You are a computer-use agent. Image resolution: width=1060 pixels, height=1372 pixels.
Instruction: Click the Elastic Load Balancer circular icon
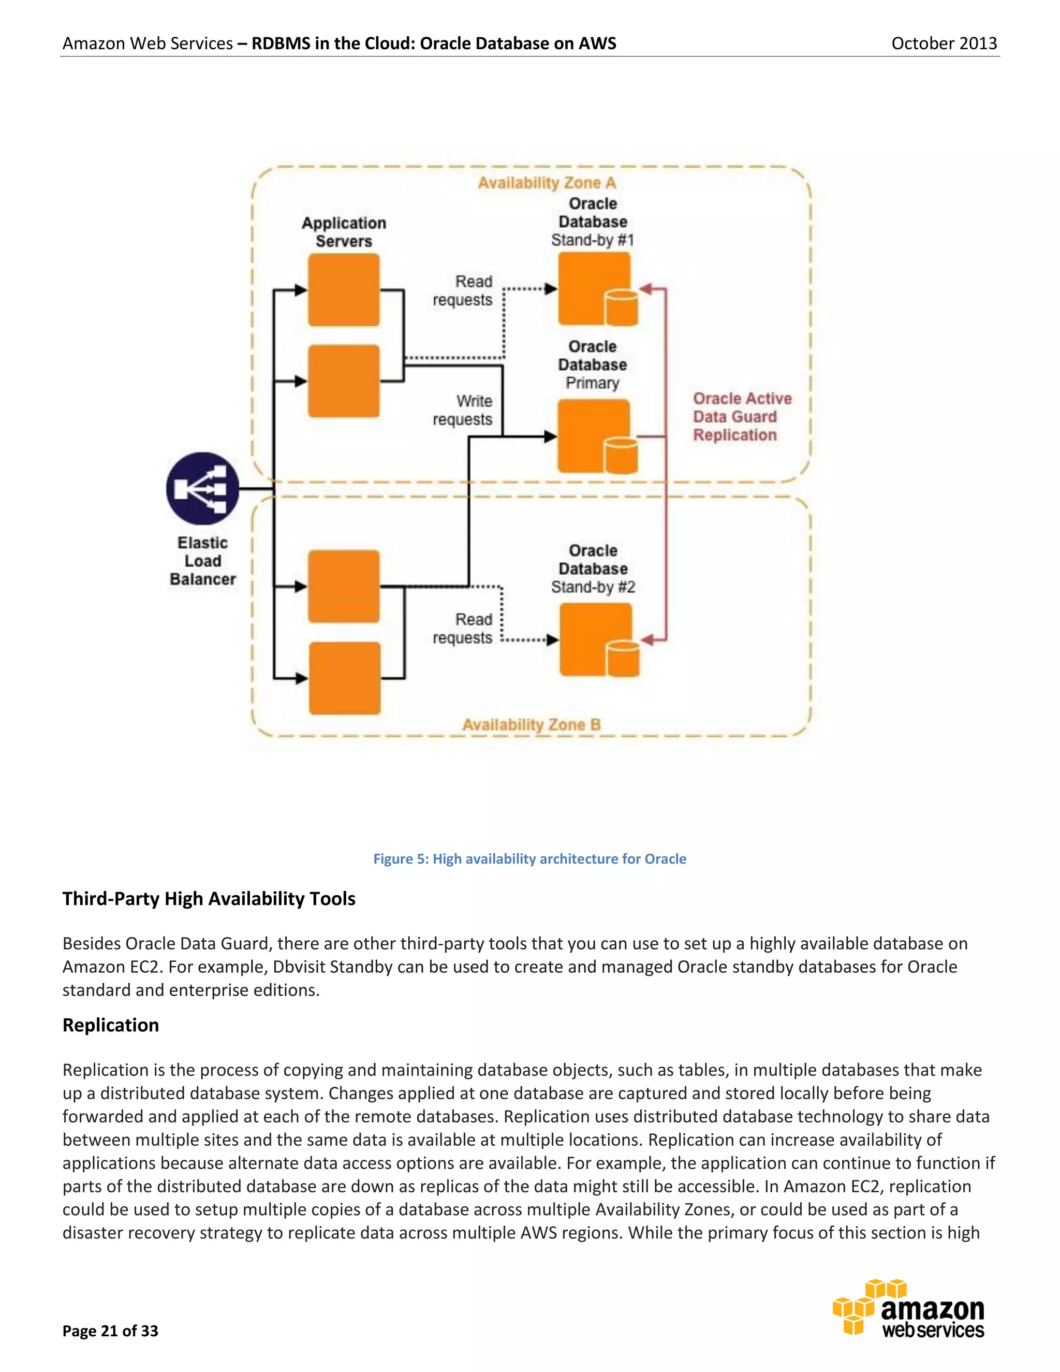click(x=202, y=489)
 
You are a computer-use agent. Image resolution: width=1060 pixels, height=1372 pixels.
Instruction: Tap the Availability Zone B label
click(x=531, y=724)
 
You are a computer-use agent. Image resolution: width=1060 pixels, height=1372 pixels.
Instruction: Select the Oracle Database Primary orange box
click(x=594, y=436)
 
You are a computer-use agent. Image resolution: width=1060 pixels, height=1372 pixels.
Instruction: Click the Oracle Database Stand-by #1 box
click(x=594, y=289)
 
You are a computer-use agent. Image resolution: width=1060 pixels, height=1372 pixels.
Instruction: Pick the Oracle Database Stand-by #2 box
click(x=595, y=639)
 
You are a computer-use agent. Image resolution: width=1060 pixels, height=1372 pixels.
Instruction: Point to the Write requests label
click(x=463, y=410)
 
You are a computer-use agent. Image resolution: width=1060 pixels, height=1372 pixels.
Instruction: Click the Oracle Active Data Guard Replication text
click(x=741, y=416)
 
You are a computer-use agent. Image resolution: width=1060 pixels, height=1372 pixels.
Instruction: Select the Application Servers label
click(x=344, y=232)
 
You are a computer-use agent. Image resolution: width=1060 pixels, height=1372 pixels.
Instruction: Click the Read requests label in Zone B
click(x=463, y=628)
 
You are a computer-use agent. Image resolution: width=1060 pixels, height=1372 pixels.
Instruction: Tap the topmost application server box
click(x=344, y=289)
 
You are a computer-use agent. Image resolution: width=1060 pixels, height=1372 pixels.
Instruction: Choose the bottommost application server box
click(x=344, y=678)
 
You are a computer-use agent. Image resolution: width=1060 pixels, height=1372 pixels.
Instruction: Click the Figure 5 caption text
click(x=529, y=859)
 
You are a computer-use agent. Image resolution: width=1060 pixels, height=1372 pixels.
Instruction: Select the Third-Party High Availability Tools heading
click(x=209, y=899)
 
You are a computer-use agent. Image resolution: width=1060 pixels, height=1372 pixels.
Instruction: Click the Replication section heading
click(x=111, y=1025)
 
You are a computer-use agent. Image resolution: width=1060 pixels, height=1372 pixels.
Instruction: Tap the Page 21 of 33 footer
click(x=111, y=1331)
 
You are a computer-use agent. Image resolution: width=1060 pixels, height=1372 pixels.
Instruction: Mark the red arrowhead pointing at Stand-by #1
click(x=646, y=289)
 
